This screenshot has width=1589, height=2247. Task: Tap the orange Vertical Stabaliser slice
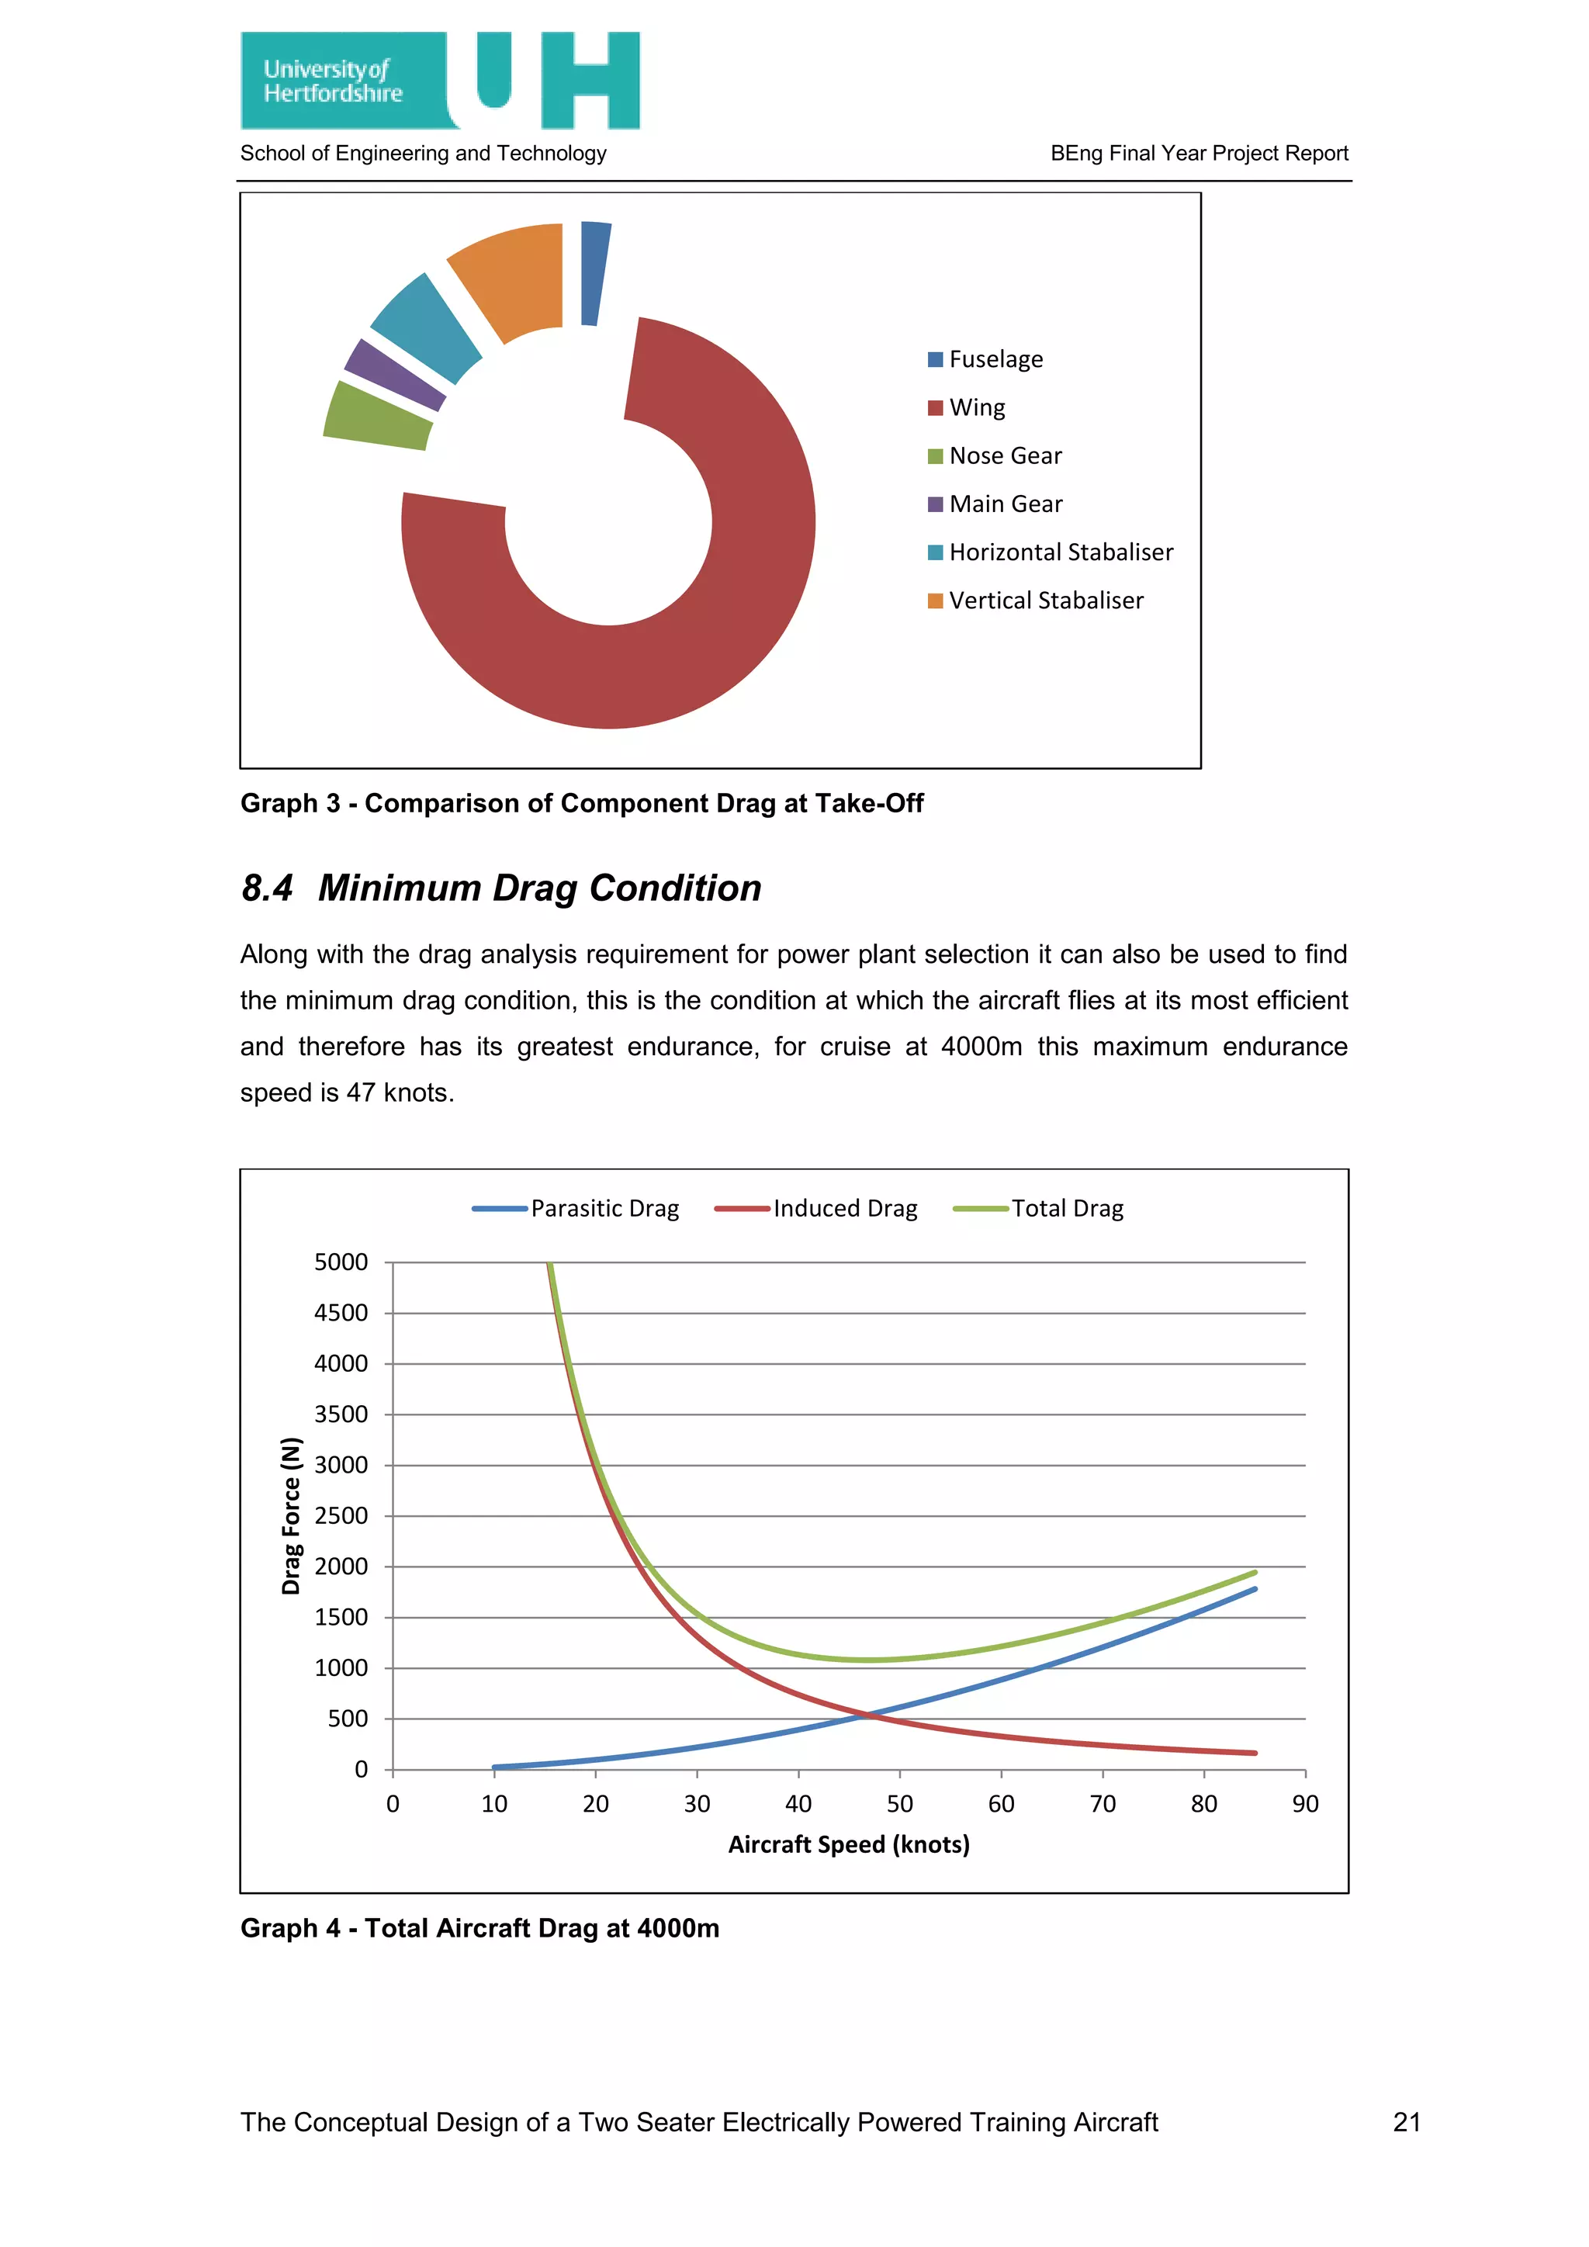click(x=517, y=278)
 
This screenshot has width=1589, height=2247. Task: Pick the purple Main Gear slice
click(x=395, y=375)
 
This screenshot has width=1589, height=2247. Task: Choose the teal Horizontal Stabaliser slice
click(x=427, y=327)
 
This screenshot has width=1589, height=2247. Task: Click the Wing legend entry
click(x=967, y=407)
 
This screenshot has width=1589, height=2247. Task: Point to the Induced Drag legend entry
click(x=817, y=1209)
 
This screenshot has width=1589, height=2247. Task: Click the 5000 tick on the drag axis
click(x=341, y=1262)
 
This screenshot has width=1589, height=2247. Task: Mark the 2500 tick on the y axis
click(x=341, y=1516)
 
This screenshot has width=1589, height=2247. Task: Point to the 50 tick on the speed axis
click(x=899, y=1804)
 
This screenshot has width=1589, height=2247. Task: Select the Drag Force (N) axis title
click(x=291, y=1516)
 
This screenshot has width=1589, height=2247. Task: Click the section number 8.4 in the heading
click(x=267, y=888)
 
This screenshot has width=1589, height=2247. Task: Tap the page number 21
click(x=1406, y=2122)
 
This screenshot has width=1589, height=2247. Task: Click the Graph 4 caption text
click(x=479, y=1928)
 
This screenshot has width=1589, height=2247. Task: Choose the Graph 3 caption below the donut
click(x=581, y=804)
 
